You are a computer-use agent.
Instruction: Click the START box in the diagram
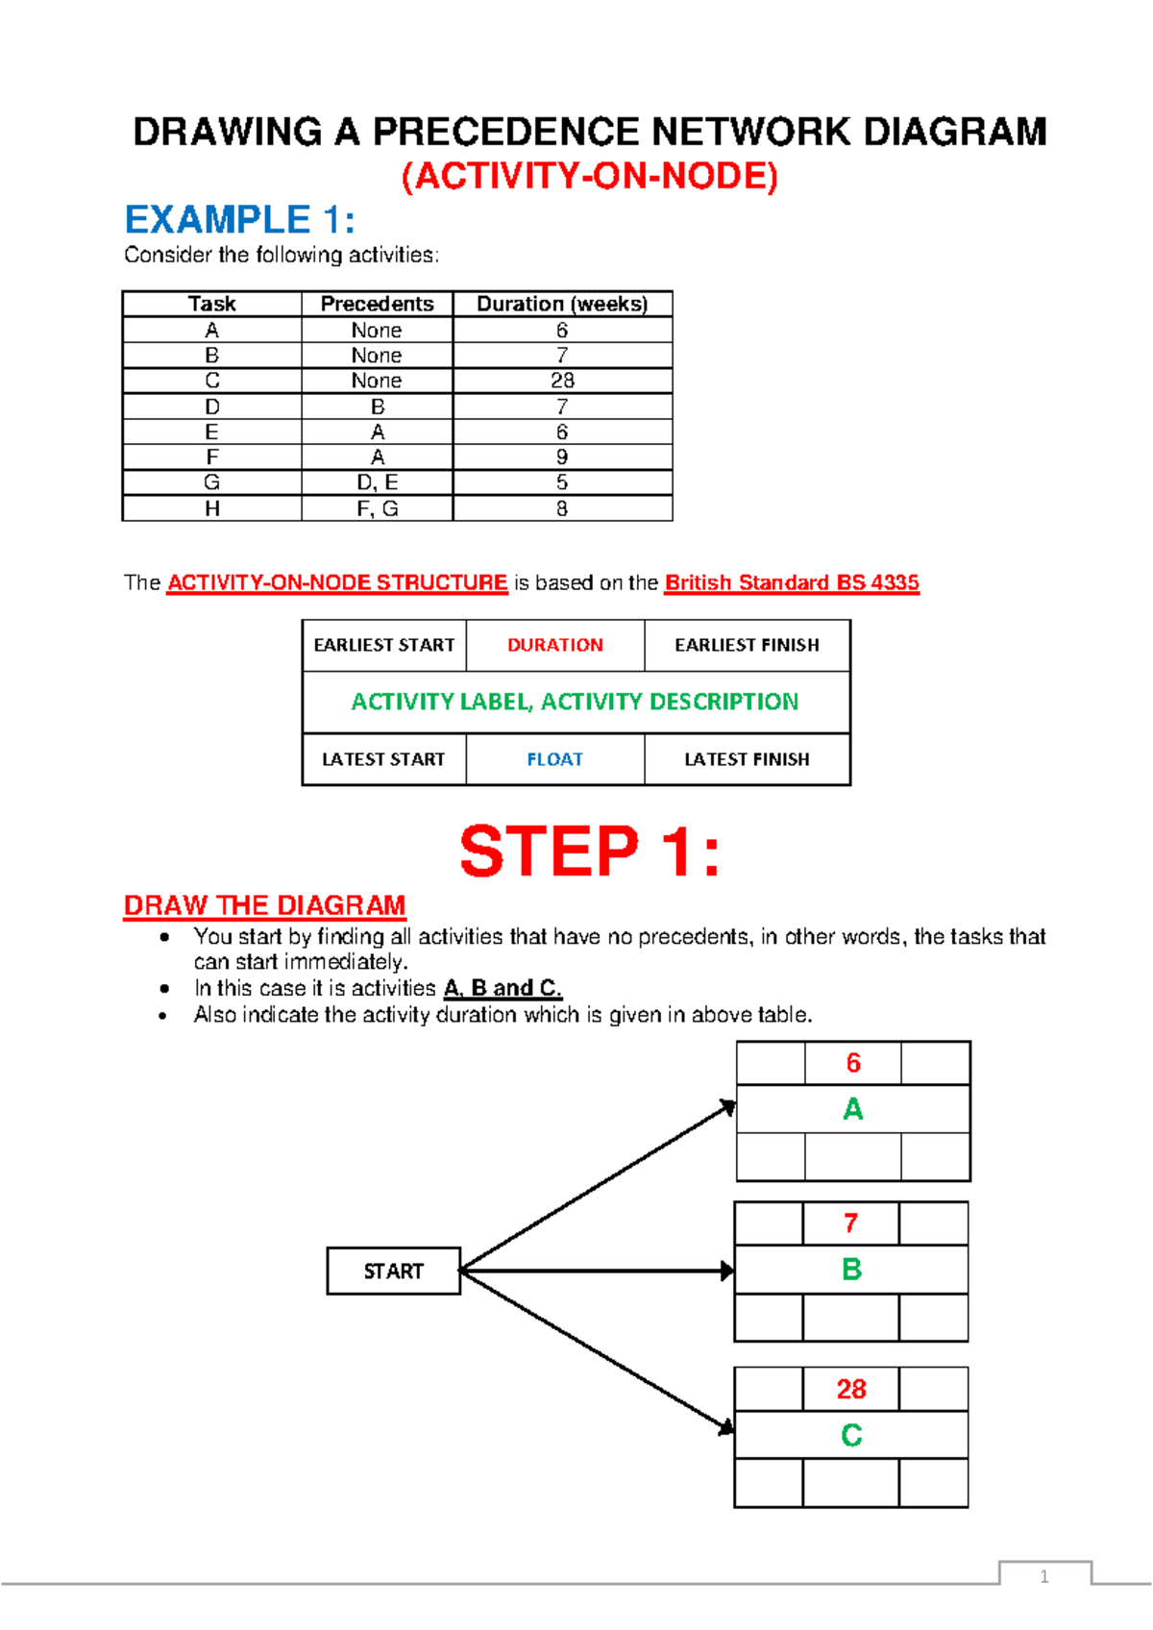[393, 1271]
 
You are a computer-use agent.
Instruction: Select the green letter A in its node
[852, 1109]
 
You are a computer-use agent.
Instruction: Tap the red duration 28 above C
[850, 1389]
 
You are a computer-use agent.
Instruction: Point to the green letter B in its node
[850, 1270]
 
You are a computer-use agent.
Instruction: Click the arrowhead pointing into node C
[726, 1427]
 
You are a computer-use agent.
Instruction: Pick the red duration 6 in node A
[852, 1063]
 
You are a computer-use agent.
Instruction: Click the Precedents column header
[377, 304]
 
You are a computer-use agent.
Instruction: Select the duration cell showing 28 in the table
[562, 381]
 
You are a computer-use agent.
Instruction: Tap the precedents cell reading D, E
[377, 482]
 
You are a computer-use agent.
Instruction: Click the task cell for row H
[212, 508]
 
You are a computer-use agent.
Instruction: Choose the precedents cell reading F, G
[377, 508]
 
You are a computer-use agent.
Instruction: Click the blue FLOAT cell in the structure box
[554, 759]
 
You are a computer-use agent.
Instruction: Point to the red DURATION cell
[554, 645]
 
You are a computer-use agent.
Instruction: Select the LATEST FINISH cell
[747, 759]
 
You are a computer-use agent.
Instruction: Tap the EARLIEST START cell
[383, 645]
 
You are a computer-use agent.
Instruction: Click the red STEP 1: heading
[589, 852]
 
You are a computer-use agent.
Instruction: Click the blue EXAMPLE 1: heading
[240, 220]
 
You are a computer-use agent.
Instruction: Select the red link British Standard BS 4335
[792, 582]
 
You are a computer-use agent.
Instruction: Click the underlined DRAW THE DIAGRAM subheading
[264, 905]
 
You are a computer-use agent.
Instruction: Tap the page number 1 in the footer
[1044, 1576]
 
